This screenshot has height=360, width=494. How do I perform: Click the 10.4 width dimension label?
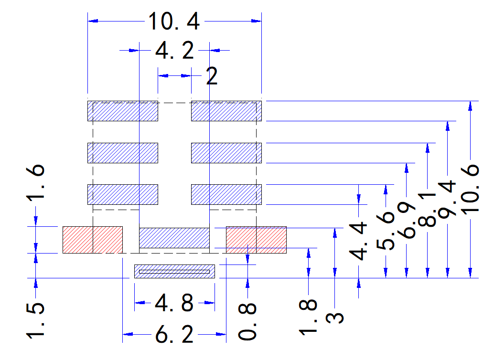(x=174, y=21)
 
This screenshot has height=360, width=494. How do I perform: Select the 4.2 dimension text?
(x=174, y=51)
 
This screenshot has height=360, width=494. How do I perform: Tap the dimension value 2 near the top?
(x=212, y=76)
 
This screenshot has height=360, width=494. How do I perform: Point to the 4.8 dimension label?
(x=174, y=303)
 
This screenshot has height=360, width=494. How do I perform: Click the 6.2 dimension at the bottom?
(x=174, y=334)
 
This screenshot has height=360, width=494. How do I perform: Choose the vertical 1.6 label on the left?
(x=35, y=183)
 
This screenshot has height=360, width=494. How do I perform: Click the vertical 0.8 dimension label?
(x=247, y=322)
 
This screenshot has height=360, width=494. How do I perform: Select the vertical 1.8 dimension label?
(x=308, y=317)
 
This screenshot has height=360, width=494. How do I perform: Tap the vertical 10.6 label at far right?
(x=470, y=189)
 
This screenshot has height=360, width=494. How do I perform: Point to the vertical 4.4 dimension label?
(x=358, y=241)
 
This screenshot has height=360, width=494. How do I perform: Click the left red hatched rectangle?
(x=93, y=240)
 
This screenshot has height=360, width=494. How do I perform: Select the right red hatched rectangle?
(x=256, y=240)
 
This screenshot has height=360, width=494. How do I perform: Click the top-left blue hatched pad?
(x=123, y=111)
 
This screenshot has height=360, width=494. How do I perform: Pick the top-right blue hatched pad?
(x=226, y=111)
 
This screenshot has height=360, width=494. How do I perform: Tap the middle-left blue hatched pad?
(x=123, y=153)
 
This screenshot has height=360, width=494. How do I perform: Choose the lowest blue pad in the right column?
(x=226, y=195)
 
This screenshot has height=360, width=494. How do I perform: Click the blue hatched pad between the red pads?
(x=174, y=238)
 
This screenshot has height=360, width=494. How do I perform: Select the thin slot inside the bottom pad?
(x=174, y=272)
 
